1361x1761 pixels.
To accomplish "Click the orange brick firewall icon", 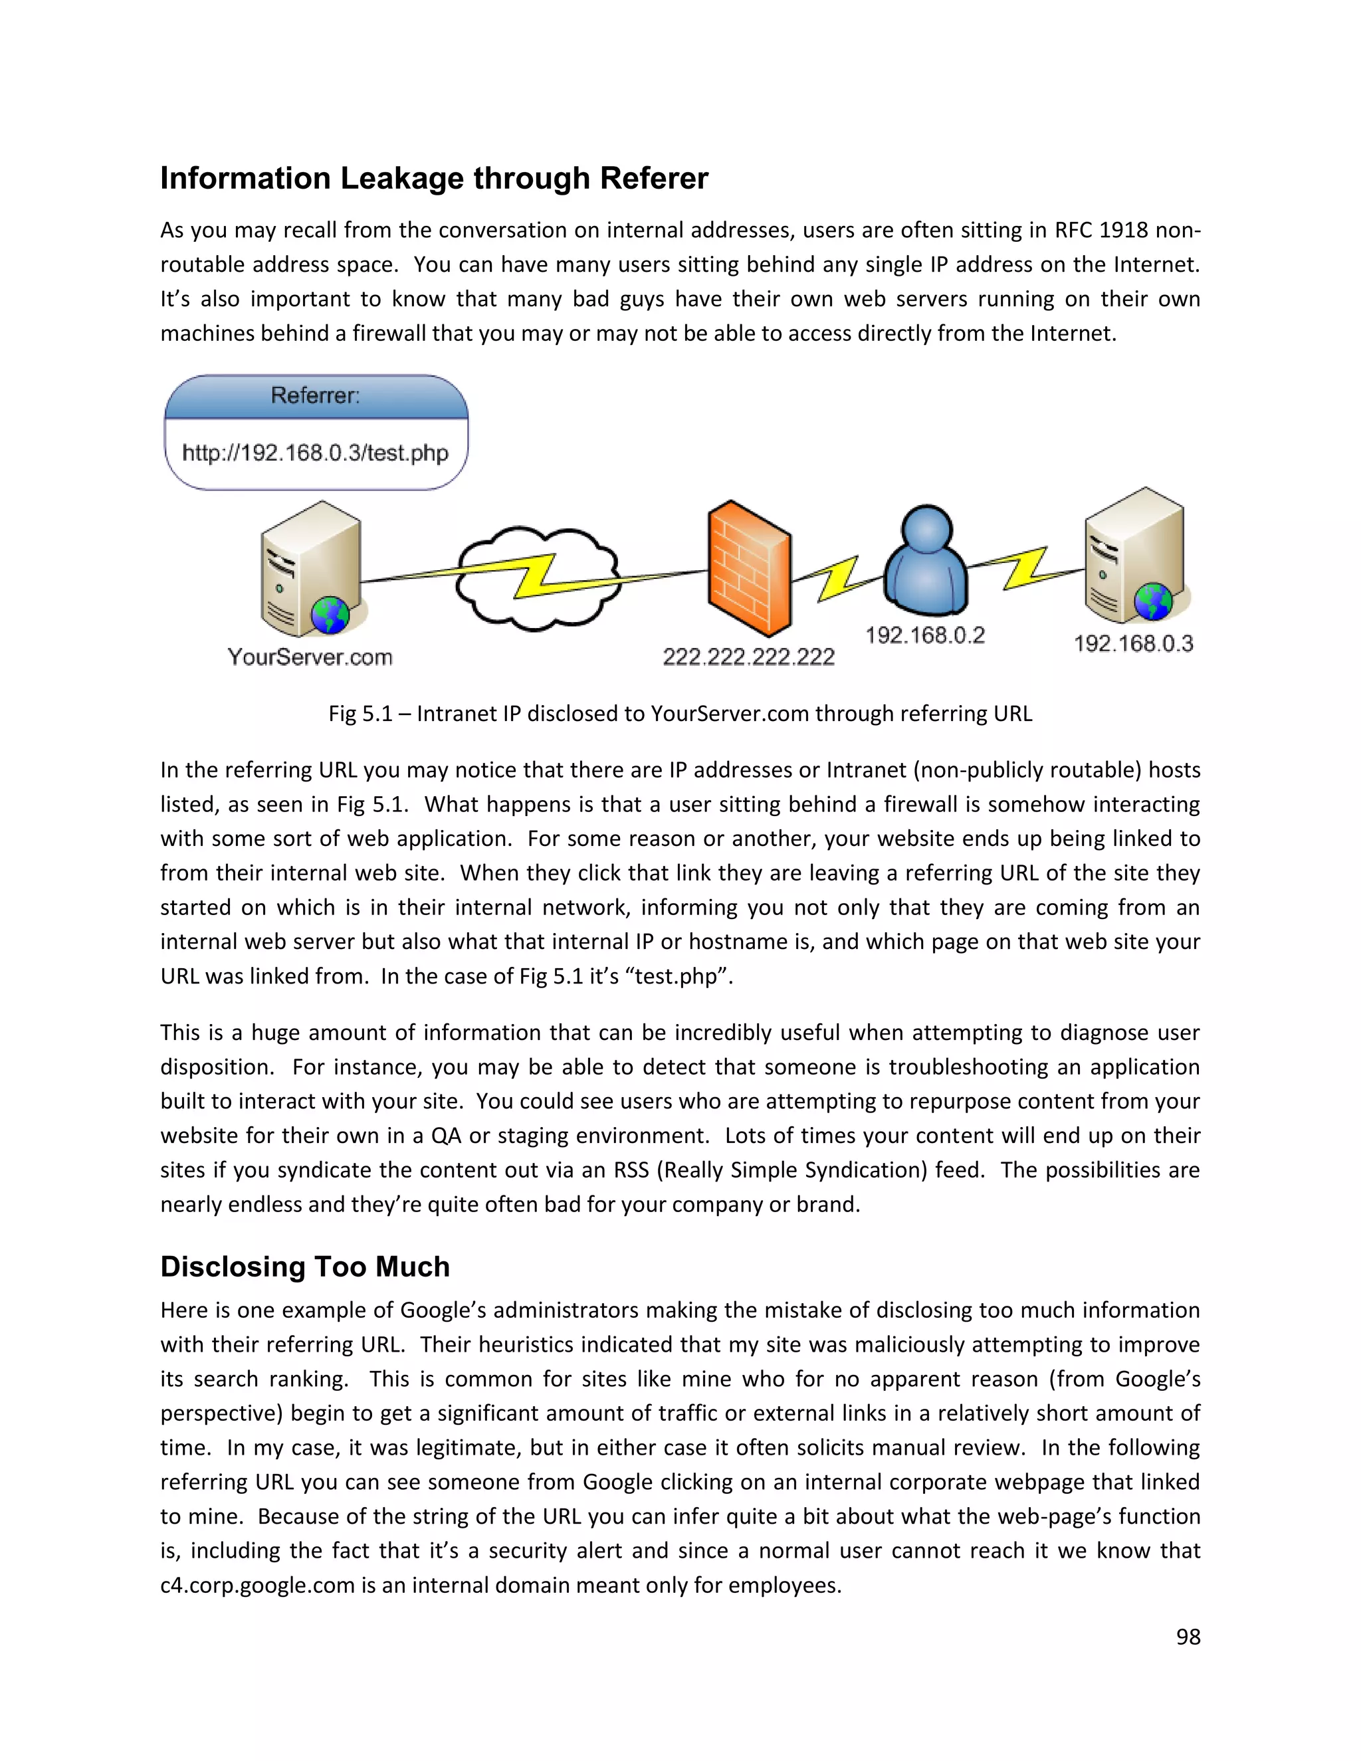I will click(x=748, y=568).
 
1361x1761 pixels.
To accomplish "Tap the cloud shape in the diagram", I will click(x=536, y=578).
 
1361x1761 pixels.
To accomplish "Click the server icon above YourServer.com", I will click(x=311, y=568).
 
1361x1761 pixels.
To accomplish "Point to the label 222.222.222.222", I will click(x=748, y=657).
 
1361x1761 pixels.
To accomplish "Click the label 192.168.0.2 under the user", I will click(x=925, y=635).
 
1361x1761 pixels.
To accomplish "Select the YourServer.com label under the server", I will click(x=310, y=657).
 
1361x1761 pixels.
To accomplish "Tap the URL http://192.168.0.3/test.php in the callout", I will click(x=315, y=453).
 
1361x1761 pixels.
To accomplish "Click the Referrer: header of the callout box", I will click(x=315, y=395).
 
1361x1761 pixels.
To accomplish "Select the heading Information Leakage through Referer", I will click(x=434, y=178).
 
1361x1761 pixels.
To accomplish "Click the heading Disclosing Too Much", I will click(x=305, y=1266).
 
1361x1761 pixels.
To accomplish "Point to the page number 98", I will click(x=1188, y=1636).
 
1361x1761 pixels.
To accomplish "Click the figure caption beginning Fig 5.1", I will click(x=680, y=714).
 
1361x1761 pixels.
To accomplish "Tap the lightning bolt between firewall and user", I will click(x=838, y=578).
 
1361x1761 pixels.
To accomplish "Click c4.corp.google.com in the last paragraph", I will click(x=257, y=1584).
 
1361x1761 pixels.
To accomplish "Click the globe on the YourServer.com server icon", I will click(x=330, y=615).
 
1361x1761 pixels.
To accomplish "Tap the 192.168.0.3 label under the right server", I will click(x=1133, y=643).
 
